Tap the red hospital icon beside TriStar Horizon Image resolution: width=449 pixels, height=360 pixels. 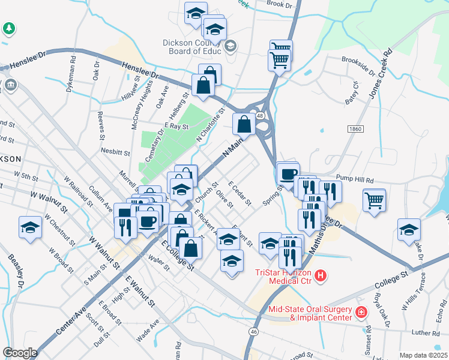322,276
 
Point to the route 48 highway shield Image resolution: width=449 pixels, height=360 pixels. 260,115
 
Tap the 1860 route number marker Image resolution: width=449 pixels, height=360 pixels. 355,129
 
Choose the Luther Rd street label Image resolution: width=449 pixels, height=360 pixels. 426,331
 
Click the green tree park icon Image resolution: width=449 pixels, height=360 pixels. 9,28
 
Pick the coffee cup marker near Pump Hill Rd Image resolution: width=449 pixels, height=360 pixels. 288,173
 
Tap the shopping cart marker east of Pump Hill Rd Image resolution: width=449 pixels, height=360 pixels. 374,200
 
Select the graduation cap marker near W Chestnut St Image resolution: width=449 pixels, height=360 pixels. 31,228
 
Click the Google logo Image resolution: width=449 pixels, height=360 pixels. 20,353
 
